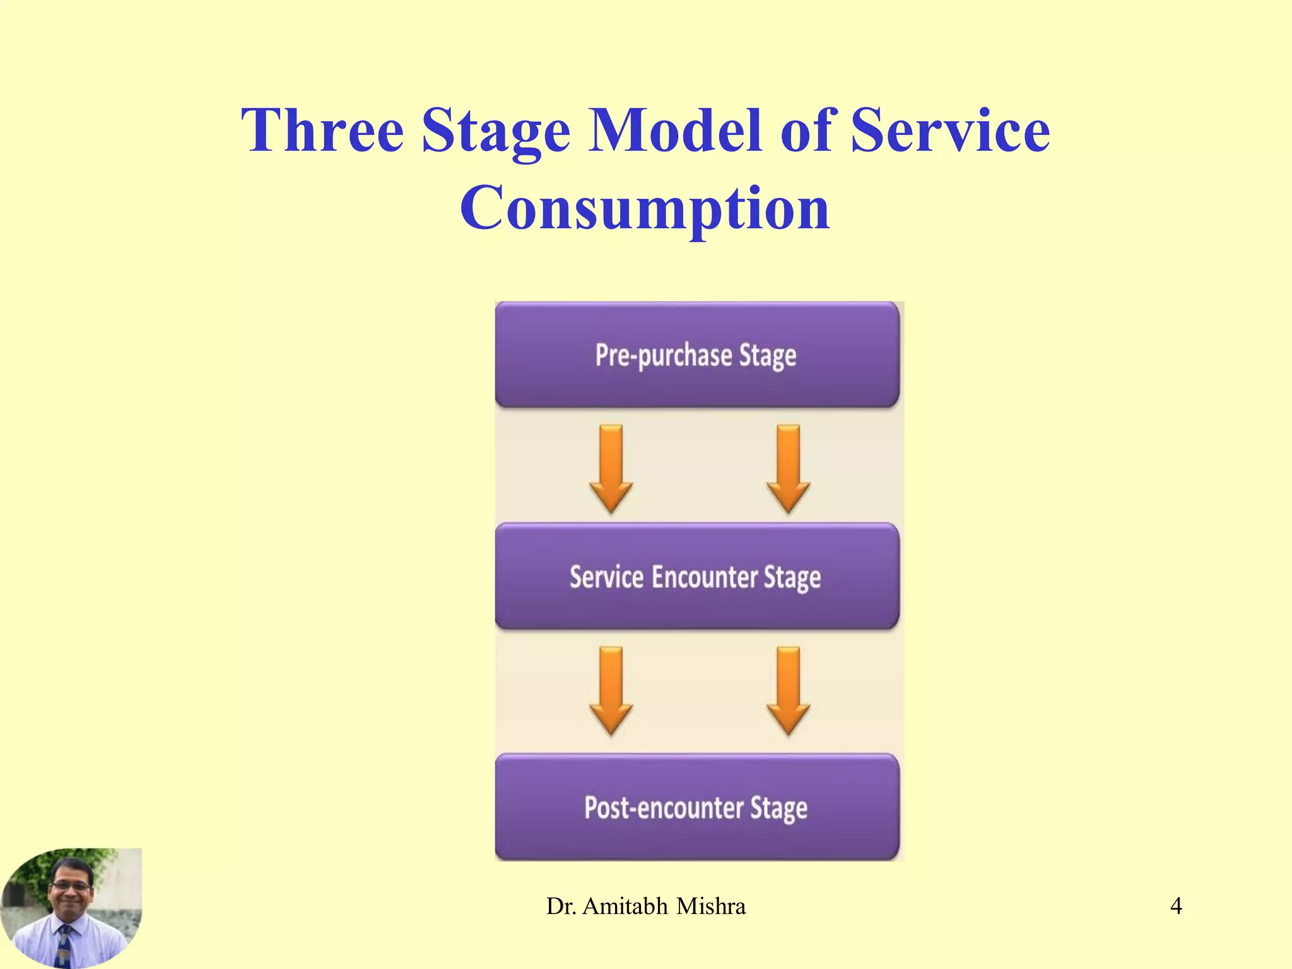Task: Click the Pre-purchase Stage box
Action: pyautogui.click(x=696, y=355)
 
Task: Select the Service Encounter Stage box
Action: pyautogui.click(x=696, y=576)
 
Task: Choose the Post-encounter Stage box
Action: pyautogui.click(x=696, y=807)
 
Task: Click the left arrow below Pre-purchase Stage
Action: pyautogui.click(x=611, y=467)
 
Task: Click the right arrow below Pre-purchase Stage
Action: pyautogui.click(x=788, y=467)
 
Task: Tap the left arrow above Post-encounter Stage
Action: pyautogui.click(x=611, y=690)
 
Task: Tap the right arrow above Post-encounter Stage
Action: pyautogui.click(x=788, y=690)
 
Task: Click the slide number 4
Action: pyautogui.click(x=1175, y=906)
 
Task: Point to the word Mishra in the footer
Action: pyautogui.click(x=711, y=906)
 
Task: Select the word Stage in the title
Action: pyautogui.click(x=496, y=131)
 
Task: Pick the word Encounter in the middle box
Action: pyautogui.click(x=704, y=576)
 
